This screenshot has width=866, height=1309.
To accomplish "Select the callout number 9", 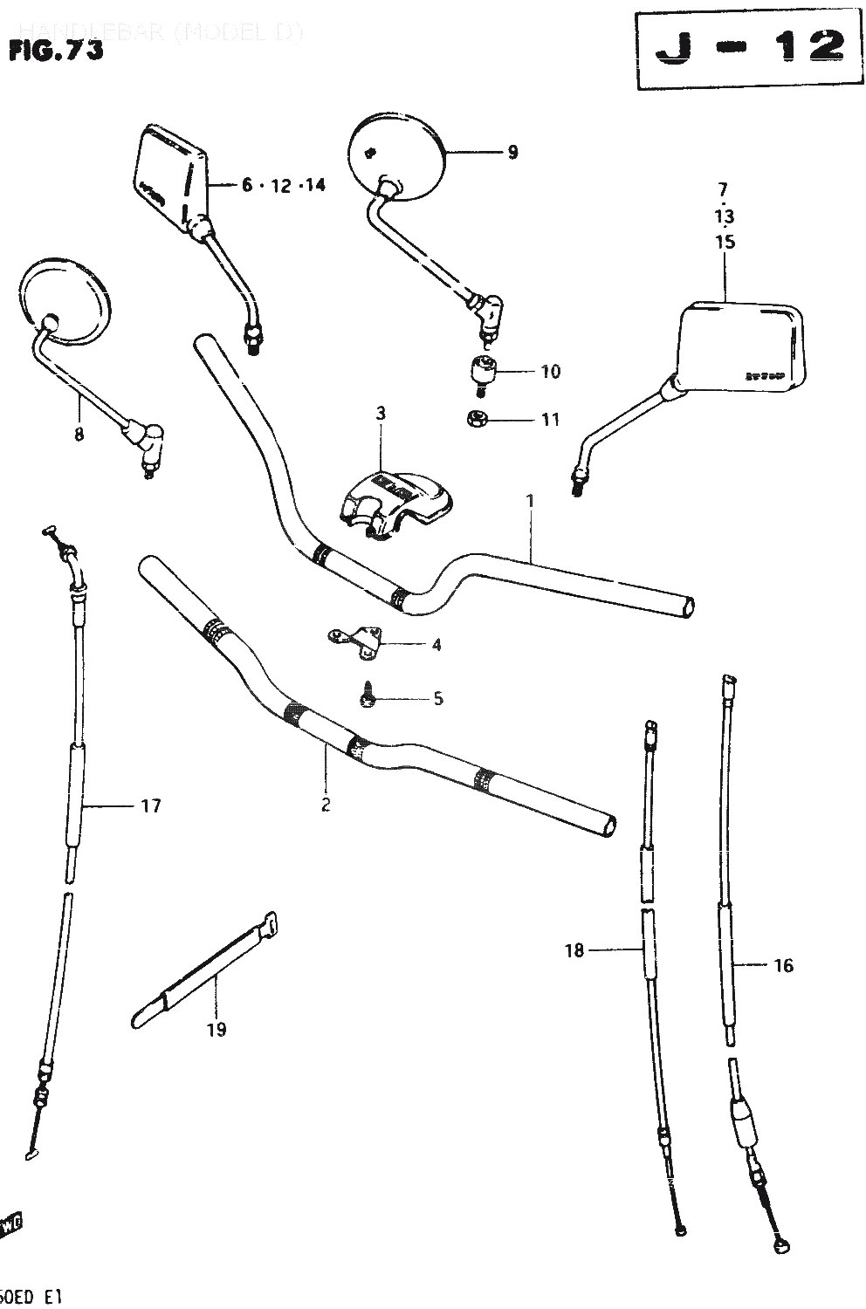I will coord(512,153).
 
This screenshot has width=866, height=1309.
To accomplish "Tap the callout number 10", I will coord(549,372).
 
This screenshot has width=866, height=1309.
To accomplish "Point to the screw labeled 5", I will coord(369,696).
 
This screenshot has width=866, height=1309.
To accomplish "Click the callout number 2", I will coord(326,805).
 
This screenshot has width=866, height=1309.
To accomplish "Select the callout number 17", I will coord(150,805).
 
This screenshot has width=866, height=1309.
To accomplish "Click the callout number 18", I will coord(574,950).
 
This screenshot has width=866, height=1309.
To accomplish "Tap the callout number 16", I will coord(783,965).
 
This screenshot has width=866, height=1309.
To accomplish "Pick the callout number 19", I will coord(216,1030).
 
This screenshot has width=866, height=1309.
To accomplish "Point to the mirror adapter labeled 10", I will coord(482,369).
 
